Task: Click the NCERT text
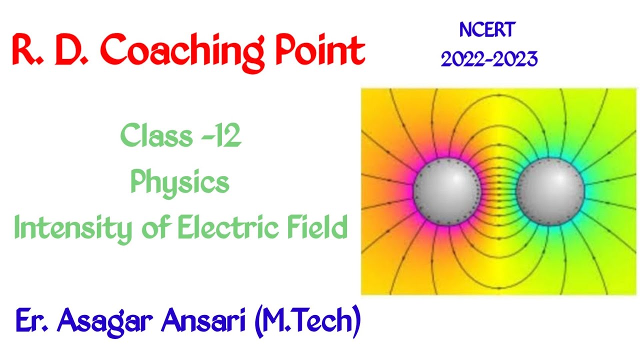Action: pyautogui.click(x=487, y=30)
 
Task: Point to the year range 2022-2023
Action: pyautogui.click(x=488, y=59)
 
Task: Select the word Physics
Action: pyautogui.click(x=180, y=182)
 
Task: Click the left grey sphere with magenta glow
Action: pyautogui.click(x=446, y=191)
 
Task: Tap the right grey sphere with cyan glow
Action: pyautogui.click(x=550, y=191)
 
